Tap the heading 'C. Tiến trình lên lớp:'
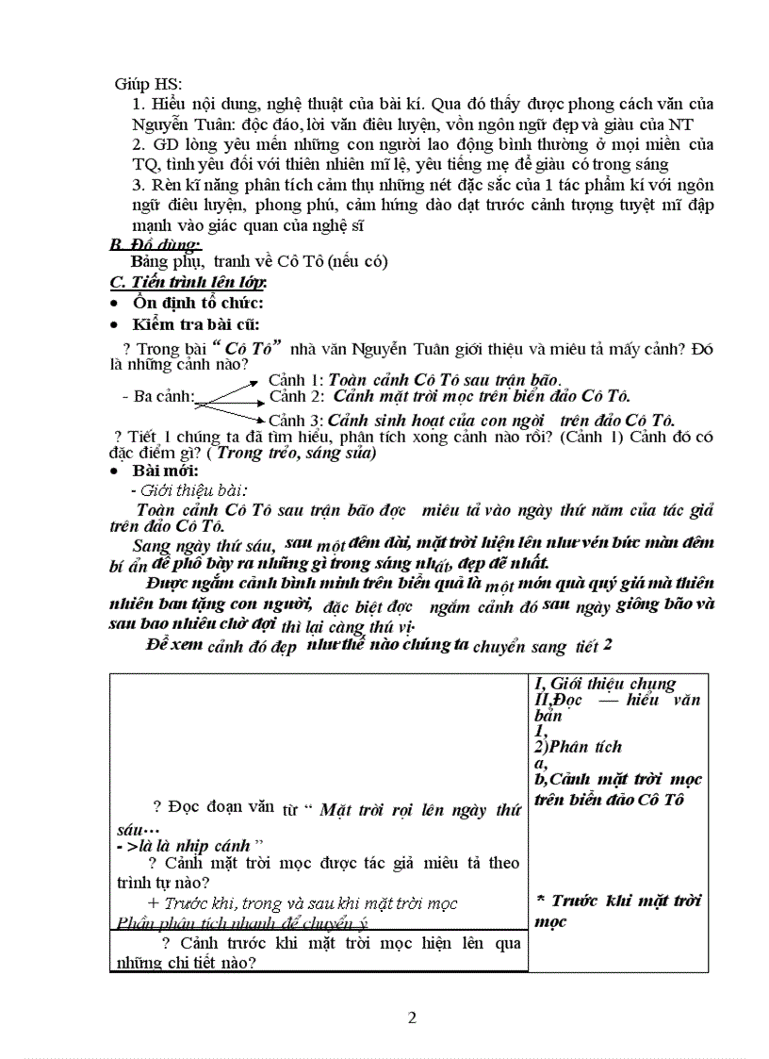point(188,282)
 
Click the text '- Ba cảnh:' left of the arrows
point(158,397)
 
